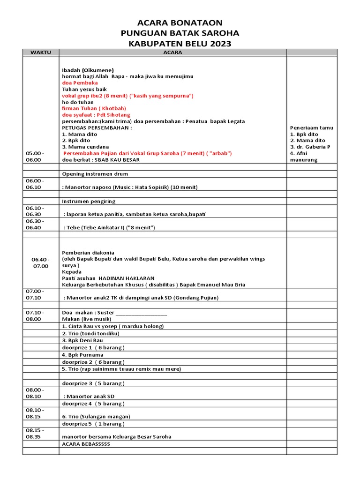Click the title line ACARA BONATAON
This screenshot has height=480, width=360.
(x=180, y=23)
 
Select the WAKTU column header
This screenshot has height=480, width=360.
(x=40, y=52)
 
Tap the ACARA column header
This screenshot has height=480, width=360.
(x=172, y=52)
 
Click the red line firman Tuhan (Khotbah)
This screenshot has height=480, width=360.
(x=87, y=108)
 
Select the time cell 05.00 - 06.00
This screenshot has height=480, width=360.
(x=34, y=156)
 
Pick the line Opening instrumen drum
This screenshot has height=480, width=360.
(x=95, y=174)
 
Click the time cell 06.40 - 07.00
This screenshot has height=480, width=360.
(x=40, y=262)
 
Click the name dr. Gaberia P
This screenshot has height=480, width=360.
(x=310, y=147)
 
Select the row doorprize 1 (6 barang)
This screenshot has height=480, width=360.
(x=93, y=348)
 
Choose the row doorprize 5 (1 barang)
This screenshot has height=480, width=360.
(x=93, y=424)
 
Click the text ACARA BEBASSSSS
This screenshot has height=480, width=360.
(x=86, y=443)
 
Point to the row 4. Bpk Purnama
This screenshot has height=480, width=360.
(x=82, y=355)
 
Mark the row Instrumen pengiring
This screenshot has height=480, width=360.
(x=89, y=201)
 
